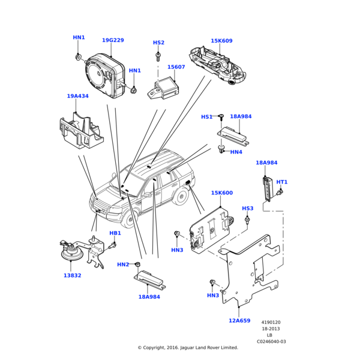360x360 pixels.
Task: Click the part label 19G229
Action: point(113,41)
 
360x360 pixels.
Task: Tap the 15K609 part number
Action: point(221,41)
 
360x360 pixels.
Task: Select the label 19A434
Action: point(77,96)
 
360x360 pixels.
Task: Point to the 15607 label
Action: point(176,67)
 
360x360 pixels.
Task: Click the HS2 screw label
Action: point(158,43)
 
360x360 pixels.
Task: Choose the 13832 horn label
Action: point(73,275)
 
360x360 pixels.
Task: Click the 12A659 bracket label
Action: point(239,320)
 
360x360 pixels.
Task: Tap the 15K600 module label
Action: point(222,193)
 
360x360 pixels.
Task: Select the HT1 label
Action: point(282,182)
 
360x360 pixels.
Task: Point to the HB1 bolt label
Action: point(115,233)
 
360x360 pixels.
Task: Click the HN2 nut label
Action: point(123,264)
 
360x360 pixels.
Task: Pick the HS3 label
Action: point(248,208)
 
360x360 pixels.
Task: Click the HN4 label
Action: point(236,152)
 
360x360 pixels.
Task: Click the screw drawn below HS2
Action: point(158,56)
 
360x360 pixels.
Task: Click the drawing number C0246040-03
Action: point(271,341)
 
